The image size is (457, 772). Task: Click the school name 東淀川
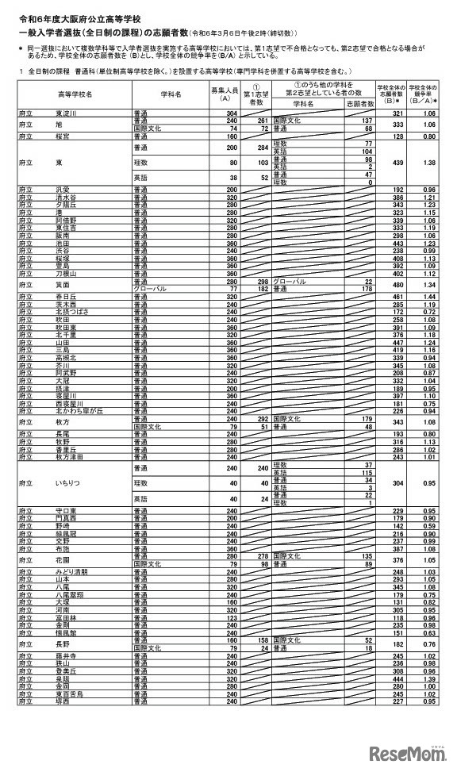click(x=67, y=113)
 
